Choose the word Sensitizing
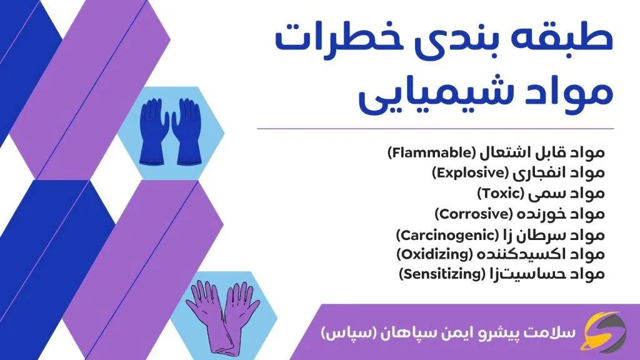click(x=441, y=274)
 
